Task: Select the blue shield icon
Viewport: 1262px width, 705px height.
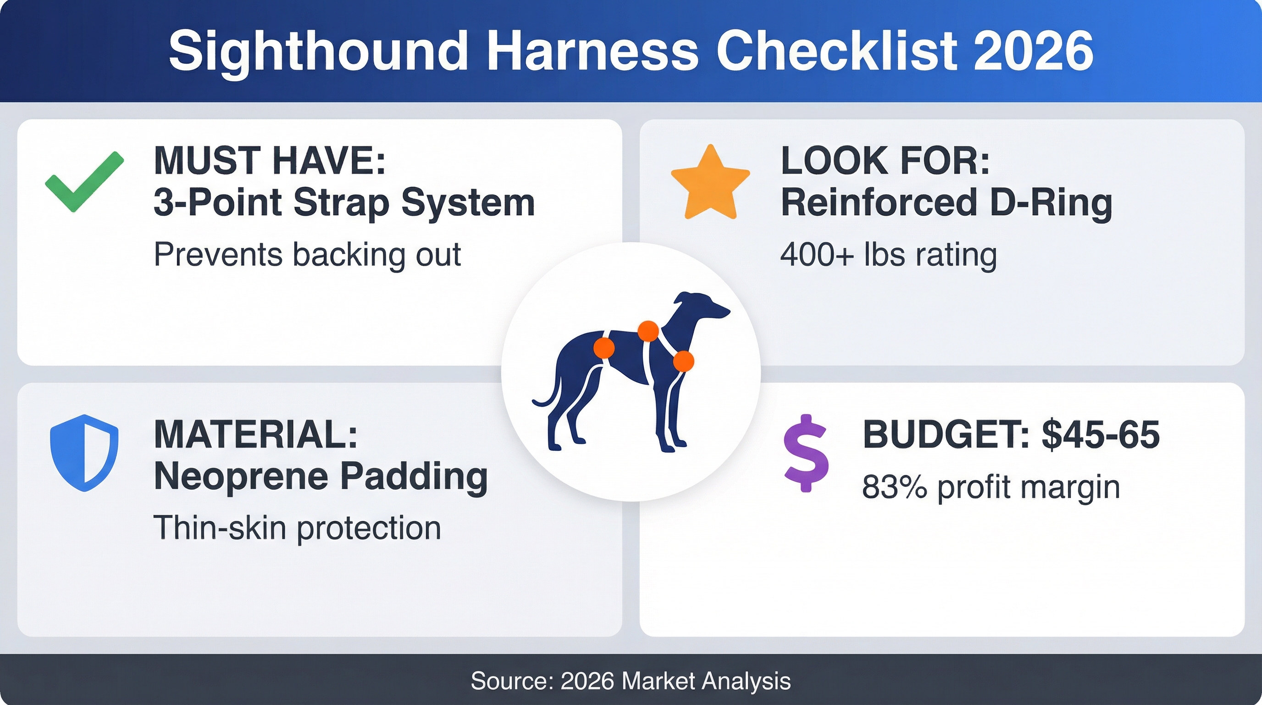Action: tap(84, 453)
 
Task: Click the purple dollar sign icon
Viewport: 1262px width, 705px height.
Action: tap(806, 453)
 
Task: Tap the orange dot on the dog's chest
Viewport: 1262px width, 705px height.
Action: tap(683, 361)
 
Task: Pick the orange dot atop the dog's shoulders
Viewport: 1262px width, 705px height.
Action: tap(648, 331)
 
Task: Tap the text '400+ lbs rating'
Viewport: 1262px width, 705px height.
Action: tap(889, 255)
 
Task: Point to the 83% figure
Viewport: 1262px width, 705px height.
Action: tap(895, 487)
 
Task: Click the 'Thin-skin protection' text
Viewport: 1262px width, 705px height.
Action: tap(297, 528)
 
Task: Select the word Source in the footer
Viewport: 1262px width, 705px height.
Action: tap(511, 681)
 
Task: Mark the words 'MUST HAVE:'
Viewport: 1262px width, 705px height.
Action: tap(270, 161)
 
